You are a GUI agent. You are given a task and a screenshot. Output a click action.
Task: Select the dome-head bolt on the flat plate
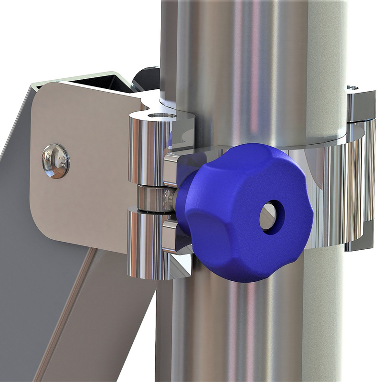click(55, 160)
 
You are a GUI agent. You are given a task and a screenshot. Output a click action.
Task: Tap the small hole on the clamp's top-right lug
click(352, 88)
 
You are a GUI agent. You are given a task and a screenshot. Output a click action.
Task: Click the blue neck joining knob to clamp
click(184, 201)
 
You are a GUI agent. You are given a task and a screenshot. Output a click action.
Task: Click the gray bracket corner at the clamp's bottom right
click(363, 239)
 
